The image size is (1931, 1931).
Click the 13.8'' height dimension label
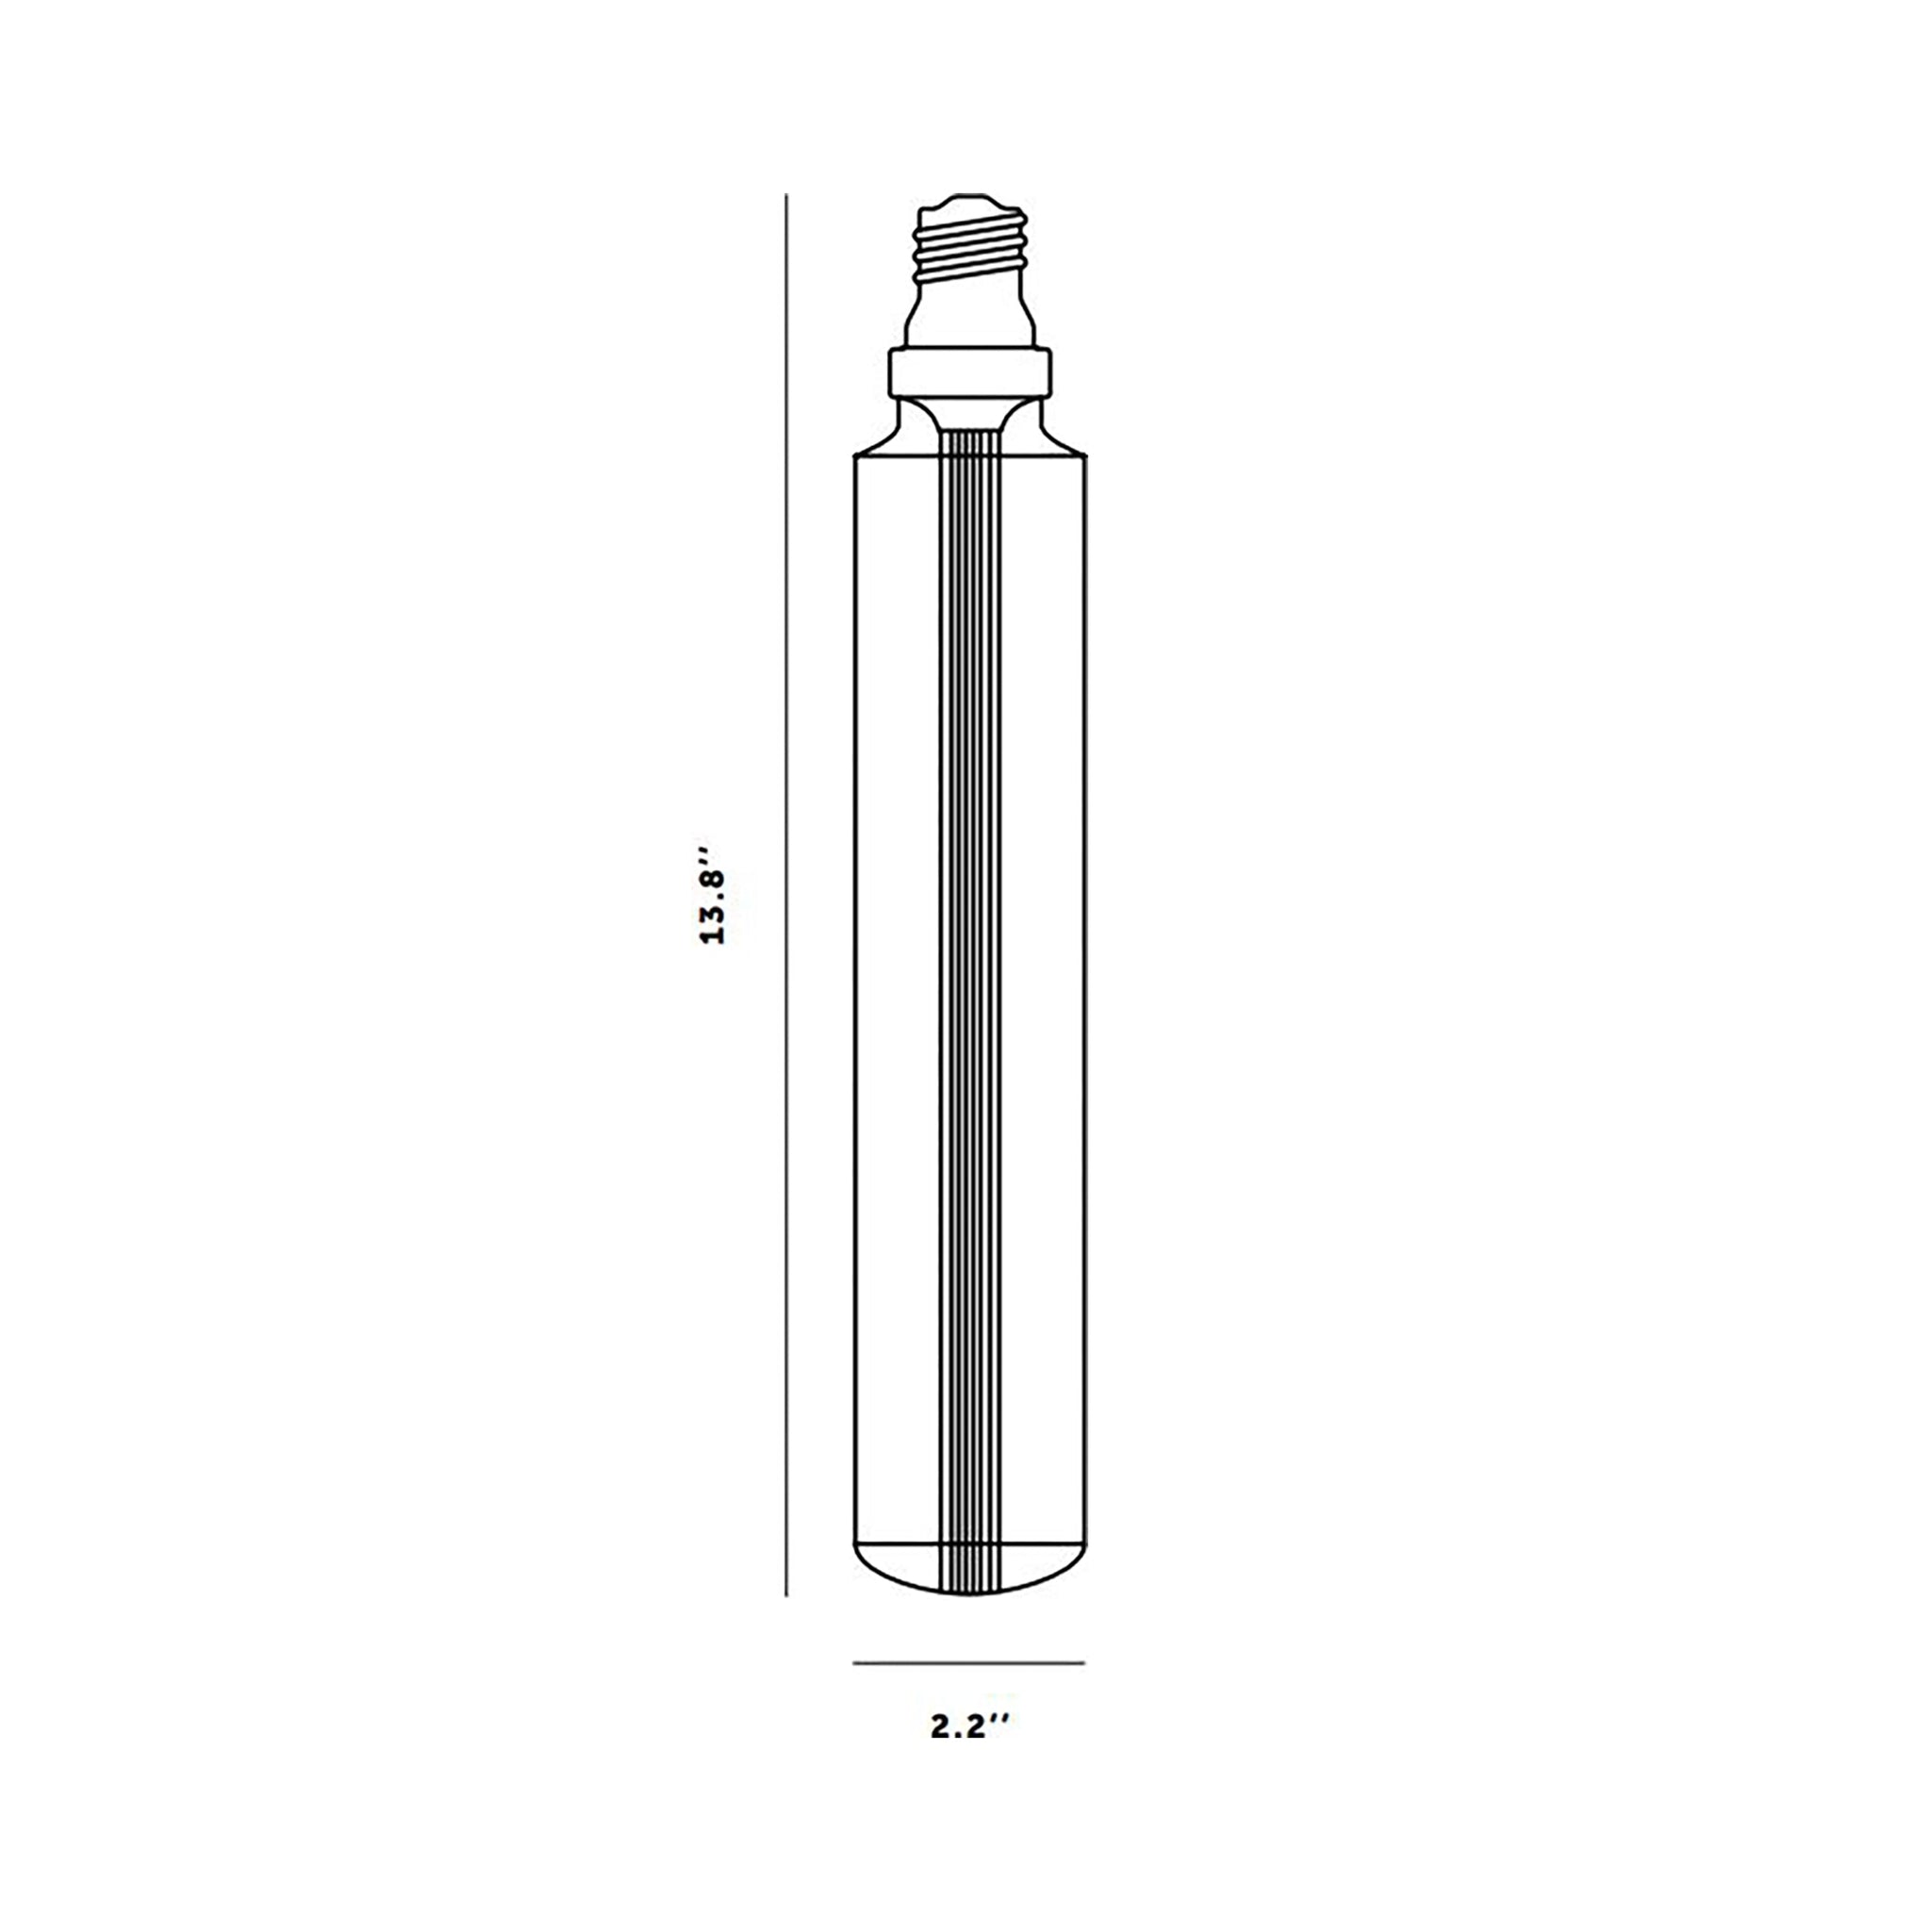[x=714, y=897]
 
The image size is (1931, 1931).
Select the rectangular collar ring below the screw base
[x=970, y=371]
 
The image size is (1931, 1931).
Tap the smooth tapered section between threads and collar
[x=970, y=314]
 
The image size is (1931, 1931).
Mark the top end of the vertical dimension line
[x=786, y=194]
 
